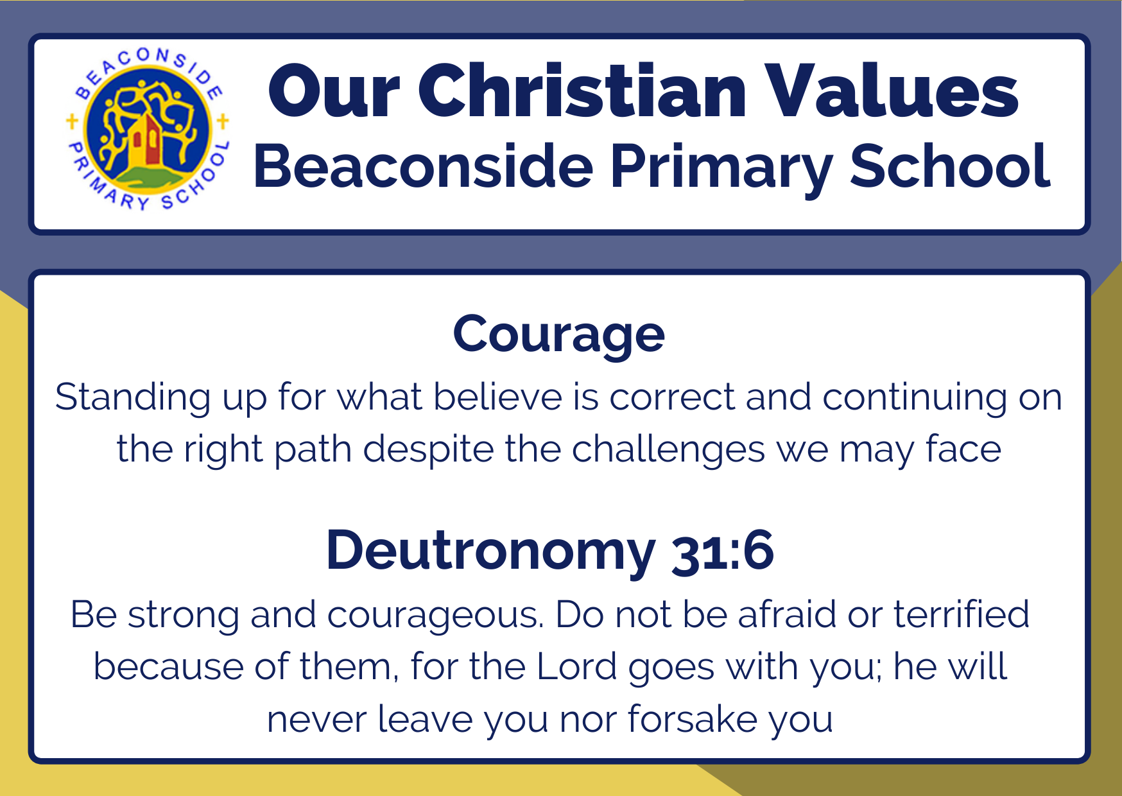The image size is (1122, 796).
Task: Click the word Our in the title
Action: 334,91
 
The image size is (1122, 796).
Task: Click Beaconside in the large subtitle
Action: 424,166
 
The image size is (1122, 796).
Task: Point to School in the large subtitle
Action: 950,165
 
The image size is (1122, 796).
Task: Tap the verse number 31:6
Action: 723,551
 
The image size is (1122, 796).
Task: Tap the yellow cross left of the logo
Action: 72,121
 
